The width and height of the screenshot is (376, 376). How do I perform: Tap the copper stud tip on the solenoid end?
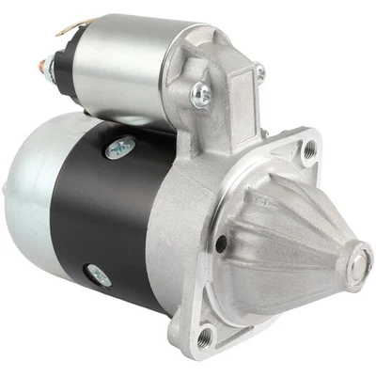click(x=41, y=65)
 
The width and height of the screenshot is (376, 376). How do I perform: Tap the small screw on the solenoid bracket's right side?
click(x=260, y=71)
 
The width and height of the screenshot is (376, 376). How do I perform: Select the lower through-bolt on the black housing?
click(x=99, y=275)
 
